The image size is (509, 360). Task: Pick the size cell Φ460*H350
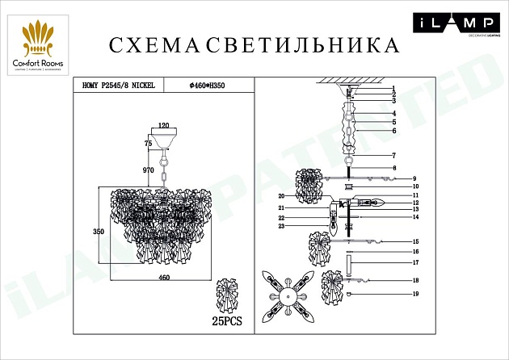(208, 83)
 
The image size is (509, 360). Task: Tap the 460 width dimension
(164, 278)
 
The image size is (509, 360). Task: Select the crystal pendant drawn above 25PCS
(229, 297)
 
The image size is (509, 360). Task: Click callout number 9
(413, 178)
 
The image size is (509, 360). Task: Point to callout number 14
(415, 217)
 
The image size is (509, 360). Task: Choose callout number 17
(414, 262)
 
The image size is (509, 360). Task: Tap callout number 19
(414, 295)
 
